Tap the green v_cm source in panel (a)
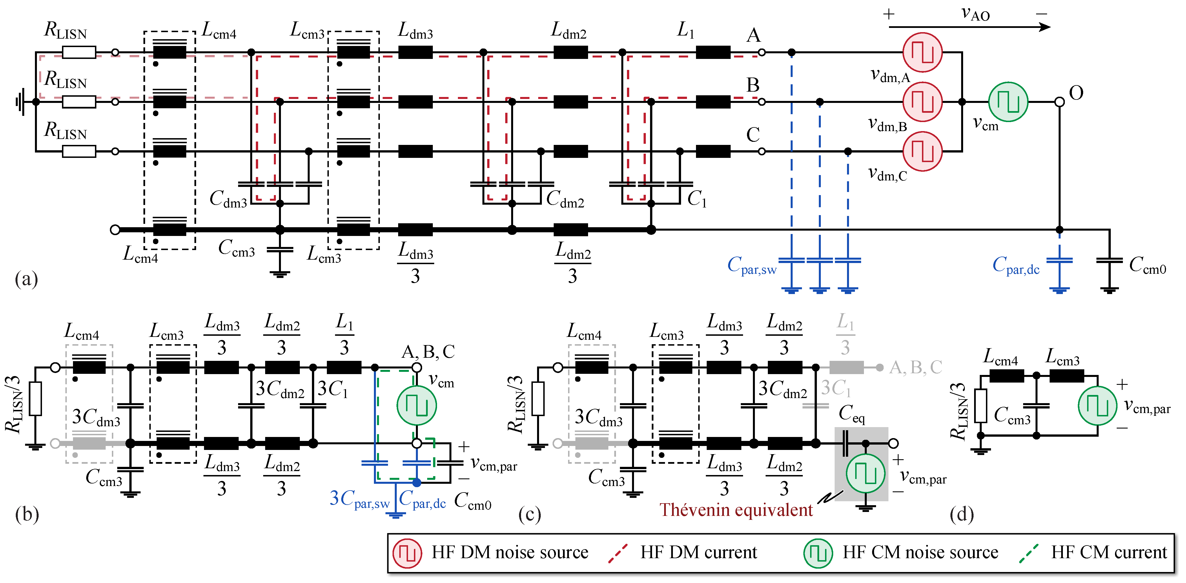tap(1008, 102)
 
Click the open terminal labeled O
tap(1059, 102)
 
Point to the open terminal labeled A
tap(762, 52)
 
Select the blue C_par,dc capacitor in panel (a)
tap(1059, 261)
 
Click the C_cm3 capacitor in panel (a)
tap(280, 249)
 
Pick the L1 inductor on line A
tap(713, 52)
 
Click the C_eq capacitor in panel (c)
tap(845, 443)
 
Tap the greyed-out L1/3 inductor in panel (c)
tap(846, 368)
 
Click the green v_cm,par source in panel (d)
tap(1097, 406)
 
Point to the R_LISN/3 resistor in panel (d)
tap(980, 406)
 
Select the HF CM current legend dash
tap(1028, 553)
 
